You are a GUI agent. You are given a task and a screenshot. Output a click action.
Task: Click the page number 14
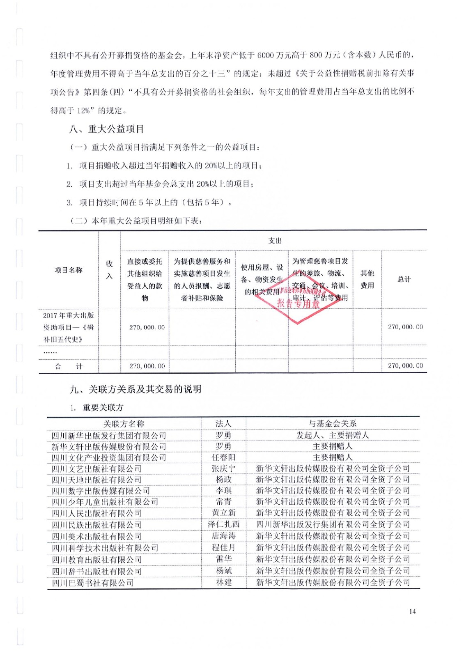pos(412,611)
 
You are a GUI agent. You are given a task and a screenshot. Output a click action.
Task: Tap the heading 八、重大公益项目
pos(107,129)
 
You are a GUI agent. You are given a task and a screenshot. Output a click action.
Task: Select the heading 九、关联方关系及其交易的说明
pos(136,389)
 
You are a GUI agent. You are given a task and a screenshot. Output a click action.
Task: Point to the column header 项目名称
pos(69,270)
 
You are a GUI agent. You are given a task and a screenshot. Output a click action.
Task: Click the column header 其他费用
pos(367,279)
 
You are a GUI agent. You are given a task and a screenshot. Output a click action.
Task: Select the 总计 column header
pos(404,279)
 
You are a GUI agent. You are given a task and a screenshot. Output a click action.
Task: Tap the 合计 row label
pos(69,366)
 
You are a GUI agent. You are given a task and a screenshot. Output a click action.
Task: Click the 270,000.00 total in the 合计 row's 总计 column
pos(405,366)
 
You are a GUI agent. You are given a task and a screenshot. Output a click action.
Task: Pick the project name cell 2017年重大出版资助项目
pos(69,327)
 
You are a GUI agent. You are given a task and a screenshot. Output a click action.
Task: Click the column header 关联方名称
pos(124,423)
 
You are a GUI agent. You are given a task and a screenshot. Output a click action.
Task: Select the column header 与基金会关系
pos(333,423)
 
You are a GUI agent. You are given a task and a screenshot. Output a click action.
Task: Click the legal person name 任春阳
pos(223,457)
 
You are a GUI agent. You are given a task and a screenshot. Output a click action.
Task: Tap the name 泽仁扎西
pos(223,524)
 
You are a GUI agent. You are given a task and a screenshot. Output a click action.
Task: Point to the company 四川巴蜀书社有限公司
pos(93,582)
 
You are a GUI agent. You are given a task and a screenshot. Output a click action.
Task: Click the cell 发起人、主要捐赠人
pos(333,435)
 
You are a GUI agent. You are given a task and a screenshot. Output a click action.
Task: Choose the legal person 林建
pos(224,582)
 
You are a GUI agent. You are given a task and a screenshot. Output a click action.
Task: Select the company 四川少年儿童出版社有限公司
pos(105,502)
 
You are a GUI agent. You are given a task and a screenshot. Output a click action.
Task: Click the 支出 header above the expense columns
pos(275,241)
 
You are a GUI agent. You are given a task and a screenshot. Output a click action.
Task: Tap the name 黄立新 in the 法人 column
pos(223,513)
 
